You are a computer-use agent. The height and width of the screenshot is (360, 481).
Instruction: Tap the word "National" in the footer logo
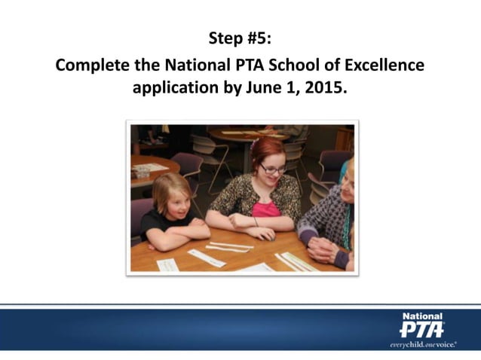click(423, 316)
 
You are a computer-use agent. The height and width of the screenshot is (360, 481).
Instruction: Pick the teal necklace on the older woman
click(348, 225)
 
